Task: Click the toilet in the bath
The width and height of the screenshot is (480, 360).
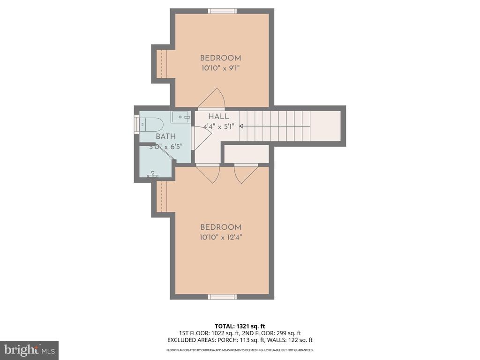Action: pos(152,125)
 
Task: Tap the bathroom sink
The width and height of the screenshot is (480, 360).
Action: pos(180,117)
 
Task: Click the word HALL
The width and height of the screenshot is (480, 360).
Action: pos(218,117)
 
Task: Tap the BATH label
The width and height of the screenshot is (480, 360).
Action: pos(166,136)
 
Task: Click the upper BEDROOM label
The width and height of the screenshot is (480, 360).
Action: pos(220,58)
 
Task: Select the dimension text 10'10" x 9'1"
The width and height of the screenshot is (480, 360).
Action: pos(220,68)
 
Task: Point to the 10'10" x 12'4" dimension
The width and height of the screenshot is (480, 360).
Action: pos(220,237)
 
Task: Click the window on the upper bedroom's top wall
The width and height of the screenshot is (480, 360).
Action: pos(222,11)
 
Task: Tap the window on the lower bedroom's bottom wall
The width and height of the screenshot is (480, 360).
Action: pos(222,297)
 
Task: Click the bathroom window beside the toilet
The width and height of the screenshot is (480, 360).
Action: pos(136,124)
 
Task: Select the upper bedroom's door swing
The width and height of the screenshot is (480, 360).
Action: pos(212,99)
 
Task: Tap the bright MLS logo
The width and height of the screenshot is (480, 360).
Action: pos(29,350)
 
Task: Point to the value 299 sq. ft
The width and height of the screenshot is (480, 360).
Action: pos(289,333)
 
